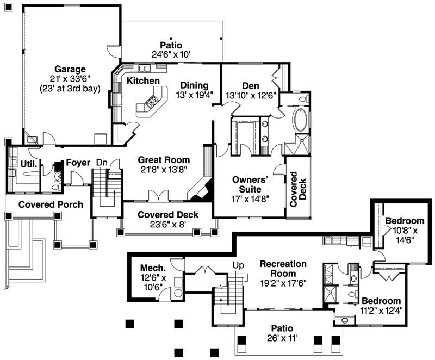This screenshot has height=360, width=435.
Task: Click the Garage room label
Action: (x=70, y=69)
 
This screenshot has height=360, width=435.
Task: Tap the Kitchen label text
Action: (x=143, y=81)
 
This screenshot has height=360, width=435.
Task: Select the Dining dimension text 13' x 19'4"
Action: (x=195, y=95)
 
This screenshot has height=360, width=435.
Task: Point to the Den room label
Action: (x=250, y=85)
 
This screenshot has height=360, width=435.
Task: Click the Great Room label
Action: (x=164, y=160)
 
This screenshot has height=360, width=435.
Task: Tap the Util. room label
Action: (x=28, y=163)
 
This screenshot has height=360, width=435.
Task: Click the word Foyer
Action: (x=78, y=163)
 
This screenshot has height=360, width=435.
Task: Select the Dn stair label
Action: (x=102, y=162)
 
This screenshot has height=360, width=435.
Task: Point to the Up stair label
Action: (x=238, y=265)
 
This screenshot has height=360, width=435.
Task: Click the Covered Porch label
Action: (x=51, y=204)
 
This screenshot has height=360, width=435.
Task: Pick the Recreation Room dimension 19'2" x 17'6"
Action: (x=283, y=283)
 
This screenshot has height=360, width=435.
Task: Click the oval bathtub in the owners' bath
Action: (x=301, y=120)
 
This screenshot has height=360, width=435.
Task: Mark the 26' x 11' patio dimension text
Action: (x=282, y=338)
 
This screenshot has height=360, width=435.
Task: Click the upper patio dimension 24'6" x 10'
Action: (x=171, y=54)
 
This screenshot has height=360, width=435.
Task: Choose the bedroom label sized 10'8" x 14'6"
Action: (x=404, y=221)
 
